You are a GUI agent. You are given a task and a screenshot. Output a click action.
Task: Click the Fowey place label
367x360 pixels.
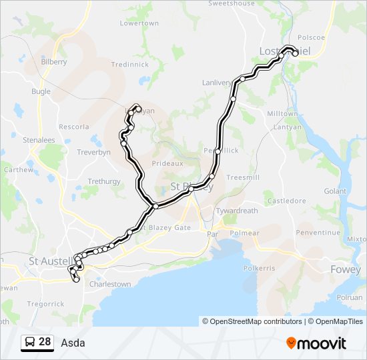[346, 269]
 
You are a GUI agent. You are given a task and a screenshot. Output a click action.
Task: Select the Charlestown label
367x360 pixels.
[110, 284]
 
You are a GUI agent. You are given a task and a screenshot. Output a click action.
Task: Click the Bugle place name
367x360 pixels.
[41, 91]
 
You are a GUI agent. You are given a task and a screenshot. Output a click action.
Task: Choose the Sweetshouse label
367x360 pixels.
[232, 3]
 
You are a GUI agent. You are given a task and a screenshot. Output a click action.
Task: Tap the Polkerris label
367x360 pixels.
[259, 267]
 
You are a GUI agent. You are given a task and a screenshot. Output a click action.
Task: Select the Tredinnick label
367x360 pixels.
[129, 65]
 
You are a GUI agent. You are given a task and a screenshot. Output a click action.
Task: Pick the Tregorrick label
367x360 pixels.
[46, 304]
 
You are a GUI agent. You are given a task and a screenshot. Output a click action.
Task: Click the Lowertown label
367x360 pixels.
[139, 23]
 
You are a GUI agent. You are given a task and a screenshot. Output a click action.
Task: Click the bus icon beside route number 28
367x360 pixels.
[30, 342]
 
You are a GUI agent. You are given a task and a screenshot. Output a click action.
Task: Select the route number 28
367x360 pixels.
[45, 342]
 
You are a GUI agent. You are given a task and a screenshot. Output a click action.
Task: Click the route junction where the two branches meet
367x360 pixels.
[155, 206]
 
